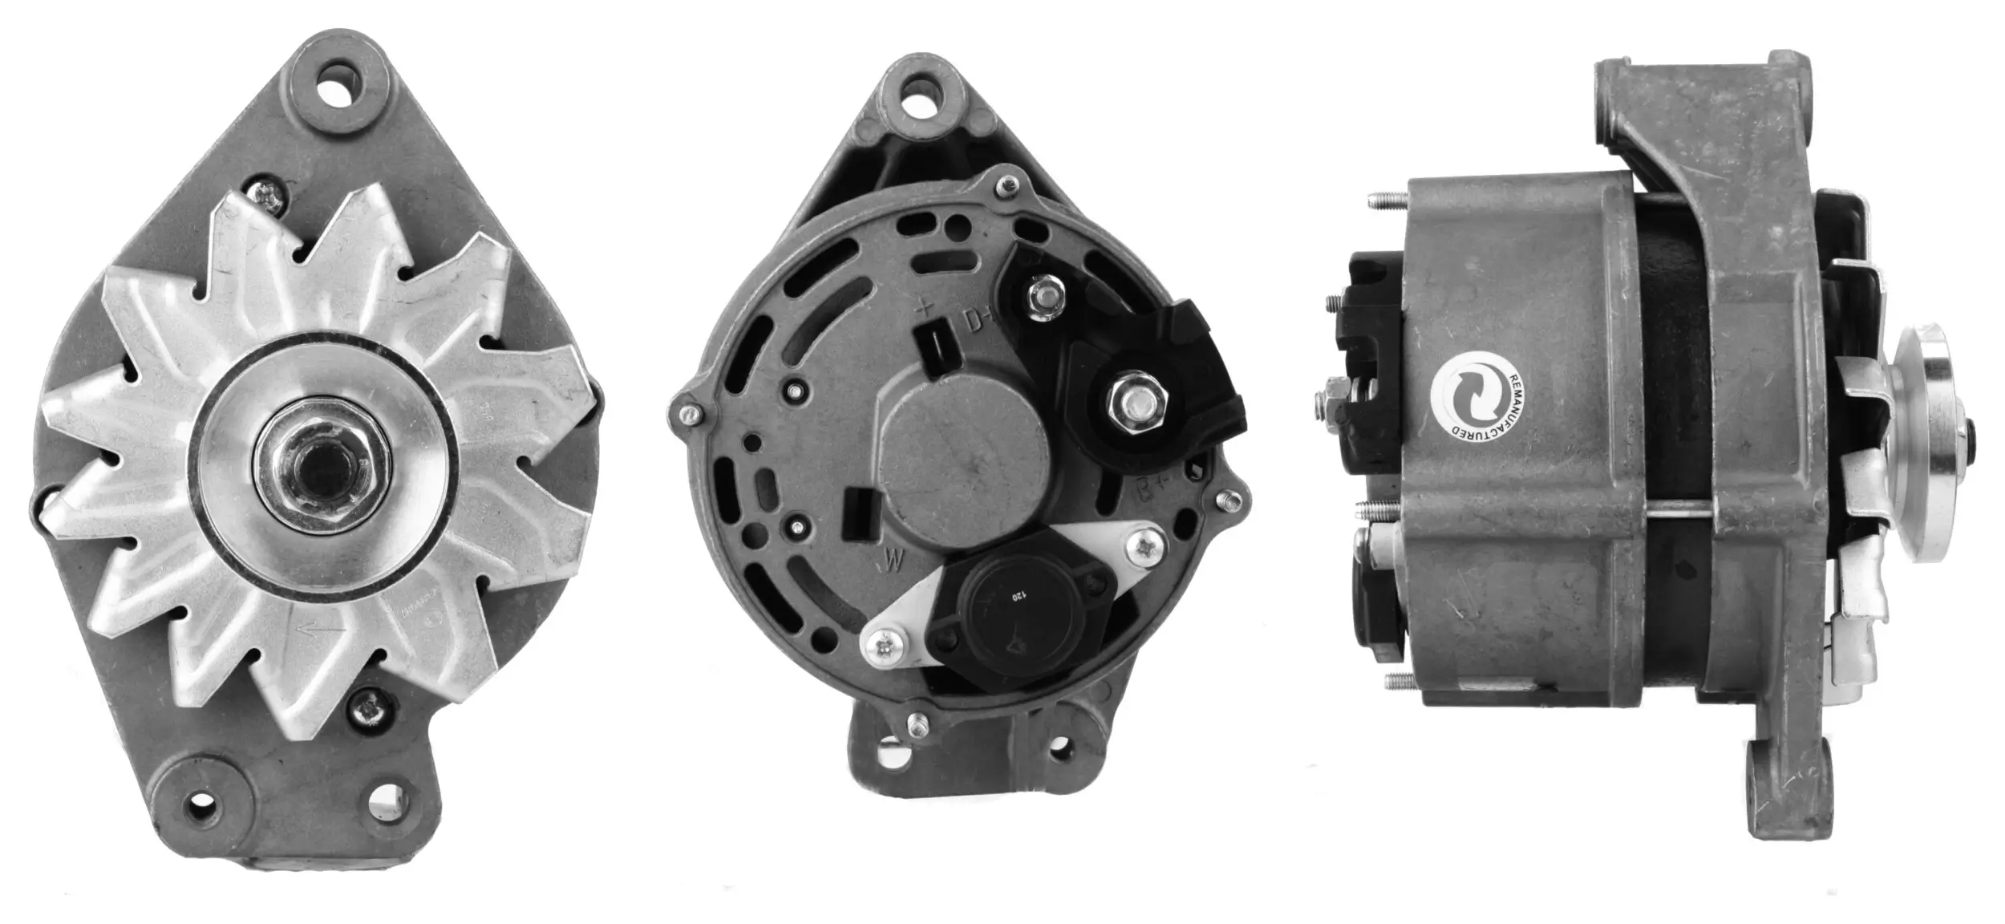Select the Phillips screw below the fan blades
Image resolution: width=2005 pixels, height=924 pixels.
tap(368, 707)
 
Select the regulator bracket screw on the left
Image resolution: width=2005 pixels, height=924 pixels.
tap(885, 643)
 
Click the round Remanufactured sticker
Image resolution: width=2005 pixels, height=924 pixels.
tap(1474, 397)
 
